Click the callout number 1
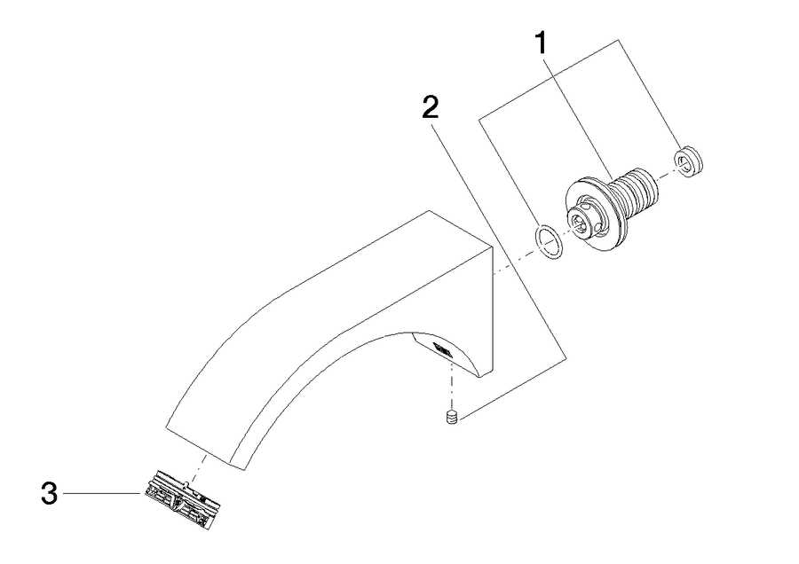(541, 43)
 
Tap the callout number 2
(430, 107)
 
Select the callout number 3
(49, 494)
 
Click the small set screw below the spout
(452, 416)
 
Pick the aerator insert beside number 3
(182, 500)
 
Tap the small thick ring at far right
(689, 161)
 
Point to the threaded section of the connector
(635, 192)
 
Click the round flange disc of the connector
(595, 214)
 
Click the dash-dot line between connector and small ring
(666, 176)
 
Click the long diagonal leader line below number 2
(499, 245)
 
